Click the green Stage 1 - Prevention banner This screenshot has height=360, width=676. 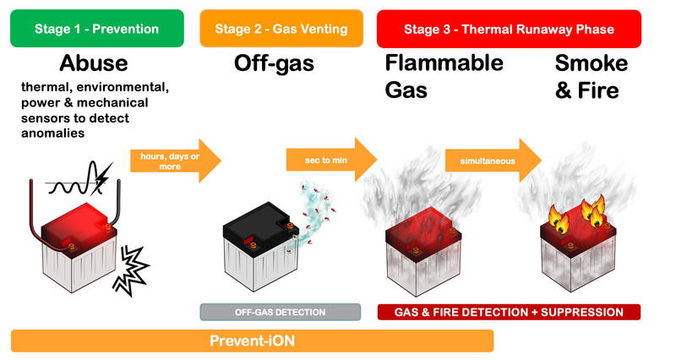pos(97,29)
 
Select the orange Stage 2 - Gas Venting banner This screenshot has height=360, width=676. pos(281,29)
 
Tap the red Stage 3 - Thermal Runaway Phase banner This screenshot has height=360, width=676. pos(509,29)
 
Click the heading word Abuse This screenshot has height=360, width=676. pos(94,63)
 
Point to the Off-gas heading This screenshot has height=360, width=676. pos(274,64)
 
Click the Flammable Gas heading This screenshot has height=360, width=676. pos(444,77)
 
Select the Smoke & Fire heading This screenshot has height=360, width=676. pos(591,77)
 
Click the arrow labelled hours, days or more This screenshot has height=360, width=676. pos(176,161)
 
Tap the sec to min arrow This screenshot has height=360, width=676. pos(331,160)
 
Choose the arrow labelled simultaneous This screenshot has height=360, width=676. pos(493,161)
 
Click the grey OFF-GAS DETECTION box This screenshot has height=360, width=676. pos(281,312)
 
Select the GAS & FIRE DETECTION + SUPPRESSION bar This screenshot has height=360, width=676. pos(509,312)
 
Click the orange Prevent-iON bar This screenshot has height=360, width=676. pos(252,341)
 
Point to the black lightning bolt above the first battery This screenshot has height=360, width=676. pos(102,177)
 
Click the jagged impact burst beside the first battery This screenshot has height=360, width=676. pos(131,270)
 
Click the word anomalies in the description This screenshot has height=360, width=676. pos(53,134)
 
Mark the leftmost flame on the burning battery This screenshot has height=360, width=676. pos(559,219)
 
